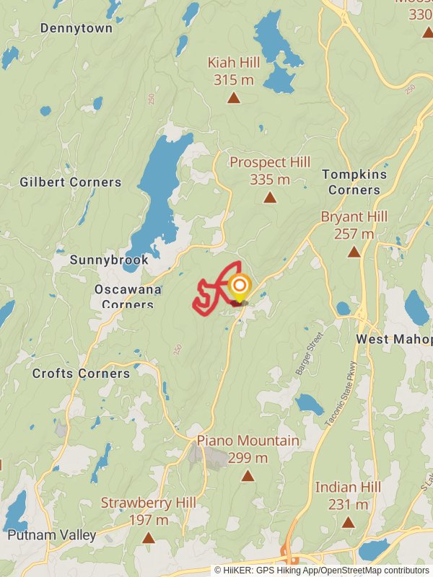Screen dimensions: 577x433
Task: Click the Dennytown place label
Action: click(76, 28)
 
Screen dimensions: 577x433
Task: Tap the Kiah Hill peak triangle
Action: click(233, 98)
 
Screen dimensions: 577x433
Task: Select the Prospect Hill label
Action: click(270, 162)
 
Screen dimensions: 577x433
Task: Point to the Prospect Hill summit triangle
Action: click(270, 198)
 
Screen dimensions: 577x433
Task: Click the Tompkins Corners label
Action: click(354, 182)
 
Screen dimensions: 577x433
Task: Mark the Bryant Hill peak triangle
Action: click(354, 252)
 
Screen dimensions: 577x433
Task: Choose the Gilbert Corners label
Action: click(71, 182)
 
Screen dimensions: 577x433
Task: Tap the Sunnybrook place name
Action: click(109, 260)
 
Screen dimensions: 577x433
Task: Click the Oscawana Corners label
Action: click(124, 296)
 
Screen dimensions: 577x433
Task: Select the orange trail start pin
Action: click(239, 287)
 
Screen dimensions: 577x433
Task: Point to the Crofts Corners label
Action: click(81, 374)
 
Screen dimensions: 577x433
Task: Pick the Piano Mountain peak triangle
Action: click(248, 476)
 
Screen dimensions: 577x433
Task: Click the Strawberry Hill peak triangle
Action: click(148, 538)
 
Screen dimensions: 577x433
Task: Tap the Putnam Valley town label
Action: click(52, 535)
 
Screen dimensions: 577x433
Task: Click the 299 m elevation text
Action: click(248, 457)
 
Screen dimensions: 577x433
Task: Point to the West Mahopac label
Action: click(393, 339)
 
